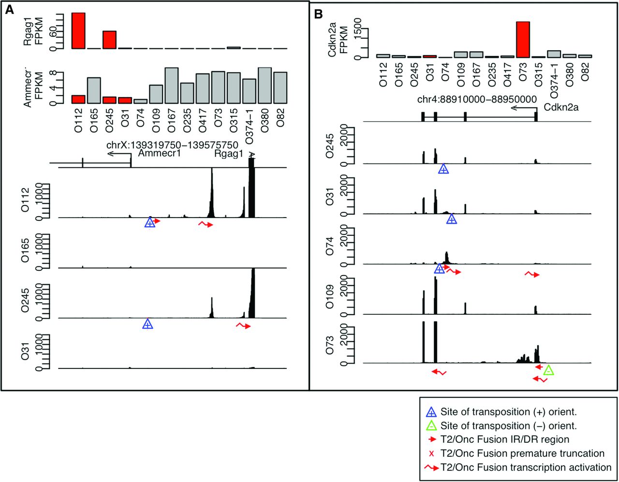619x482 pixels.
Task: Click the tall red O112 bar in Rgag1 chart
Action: [78, 30]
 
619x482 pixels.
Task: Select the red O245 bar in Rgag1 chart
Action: [109, 40]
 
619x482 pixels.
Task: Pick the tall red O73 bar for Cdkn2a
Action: [523, 39]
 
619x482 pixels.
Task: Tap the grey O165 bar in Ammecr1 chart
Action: [94, 90]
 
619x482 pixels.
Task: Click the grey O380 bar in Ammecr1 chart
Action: [265, 86]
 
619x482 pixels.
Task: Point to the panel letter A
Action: [9, 11]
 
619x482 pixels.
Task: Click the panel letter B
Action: [319, 14]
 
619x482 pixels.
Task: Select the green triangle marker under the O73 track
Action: [548, 371]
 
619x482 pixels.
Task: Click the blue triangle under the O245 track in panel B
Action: [443, 169]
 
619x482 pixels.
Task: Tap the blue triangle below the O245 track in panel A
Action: [148, 324]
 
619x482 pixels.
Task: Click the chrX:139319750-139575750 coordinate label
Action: [172, 145]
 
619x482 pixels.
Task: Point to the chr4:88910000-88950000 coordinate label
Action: [477, 99]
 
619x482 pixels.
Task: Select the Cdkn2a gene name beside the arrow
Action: [561, 107]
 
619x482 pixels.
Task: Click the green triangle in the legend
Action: [431, 426]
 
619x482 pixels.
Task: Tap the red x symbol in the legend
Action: [431, 453]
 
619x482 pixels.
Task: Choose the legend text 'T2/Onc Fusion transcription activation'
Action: [526, 467]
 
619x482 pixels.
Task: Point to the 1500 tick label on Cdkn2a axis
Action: [357, 28]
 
